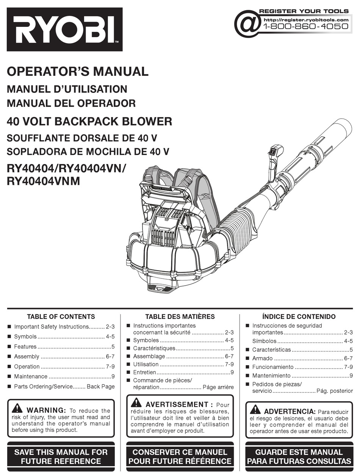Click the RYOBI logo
64,29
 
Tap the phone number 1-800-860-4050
305,27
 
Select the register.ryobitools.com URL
305,19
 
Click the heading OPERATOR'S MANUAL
78,71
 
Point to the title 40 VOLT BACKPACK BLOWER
89,122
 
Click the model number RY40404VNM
44,181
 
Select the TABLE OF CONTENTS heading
61,317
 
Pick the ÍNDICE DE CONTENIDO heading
299,317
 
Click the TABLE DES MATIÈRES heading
180,317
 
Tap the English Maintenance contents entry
31,377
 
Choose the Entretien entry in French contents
144,372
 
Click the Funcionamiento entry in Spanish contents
272,367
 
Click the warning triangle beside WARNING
17,408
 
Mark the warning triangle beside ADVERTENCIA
255,409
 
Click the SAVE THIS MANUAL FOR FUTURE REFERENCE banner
61,456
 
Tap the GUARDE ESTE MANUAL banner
299,456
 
